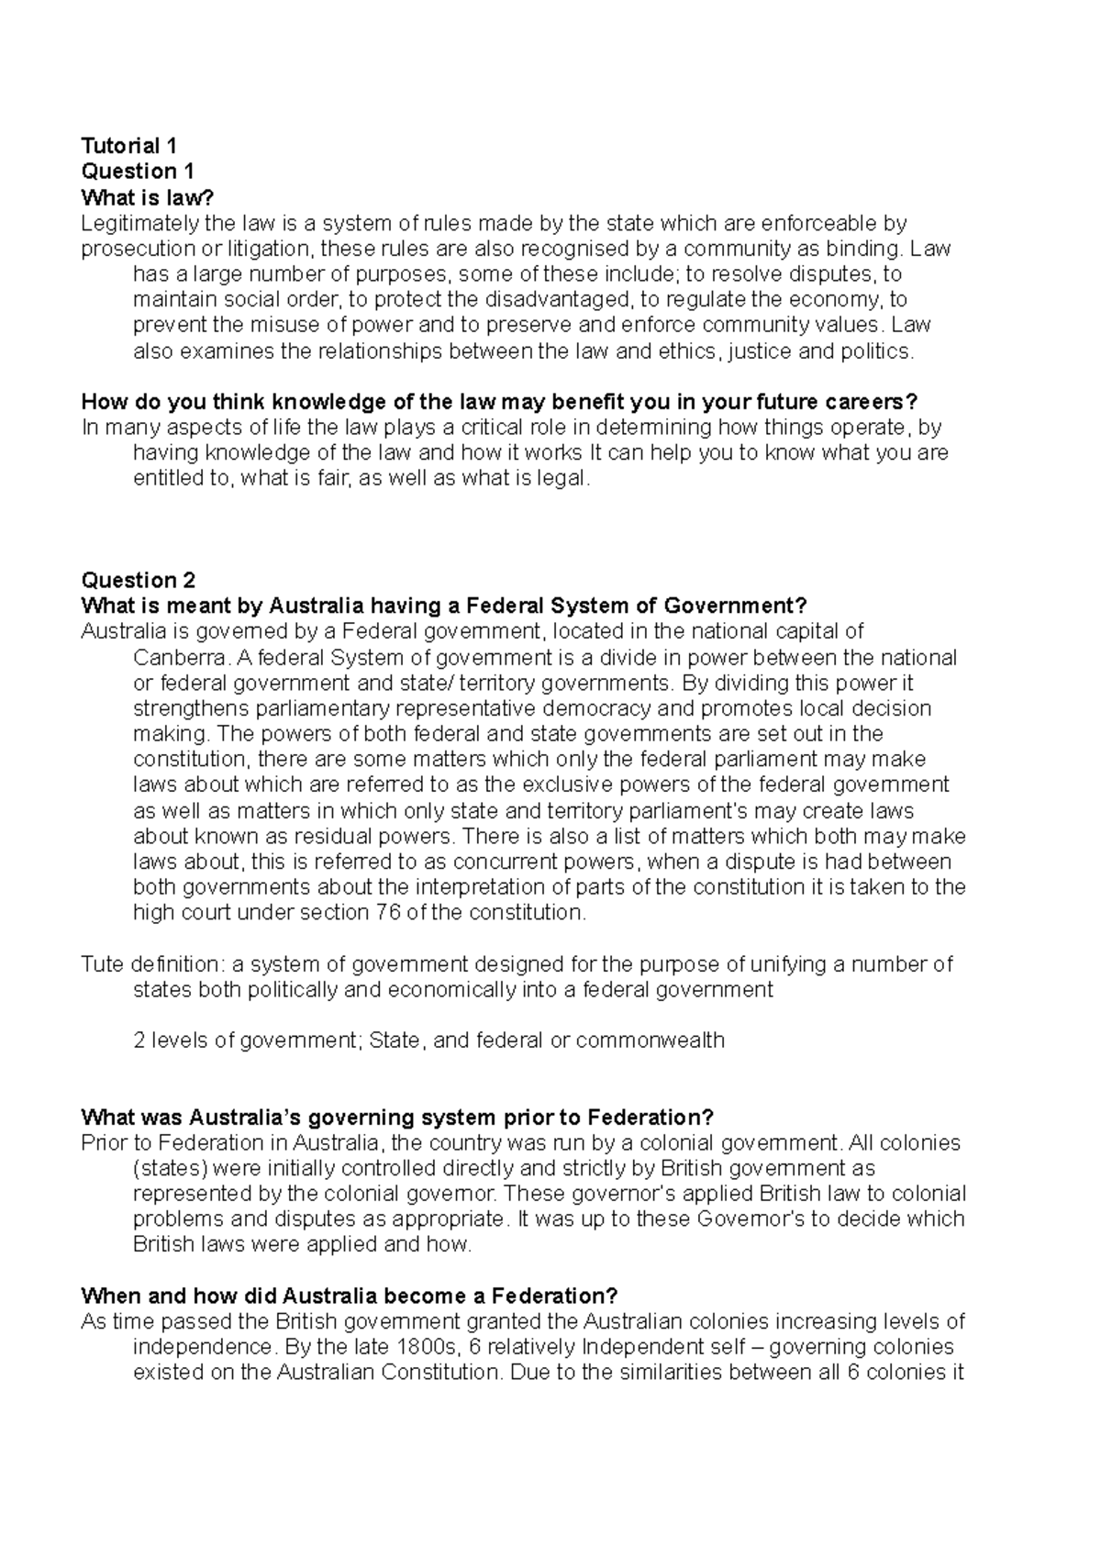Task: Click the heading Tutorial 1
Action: [x=128, y=145]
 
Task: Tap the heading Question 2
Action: [x=138, y=580]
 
